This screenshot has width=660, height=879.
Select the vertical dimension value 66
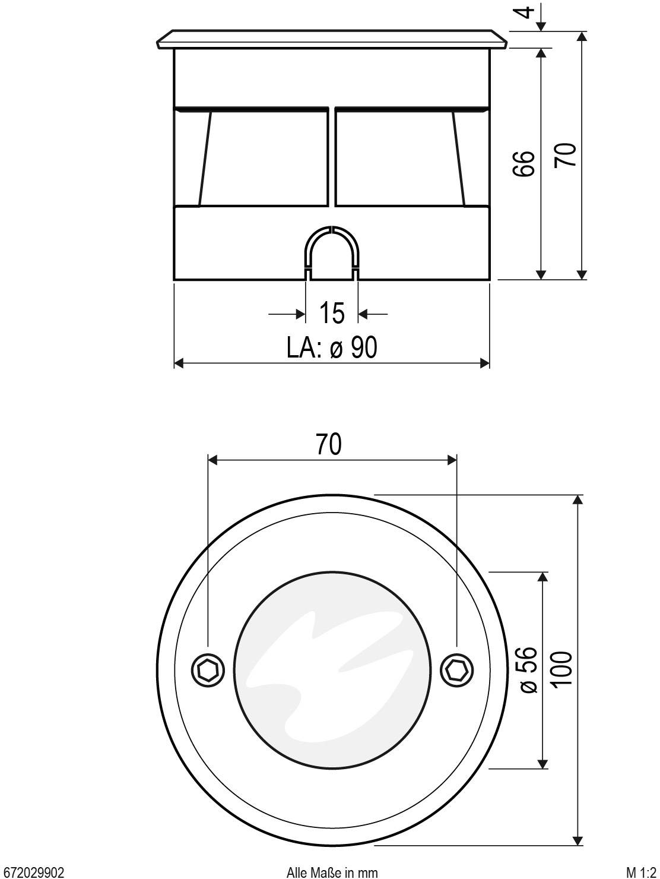click(524, 163)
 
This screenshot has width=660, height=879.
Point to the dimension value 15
click(332, 313)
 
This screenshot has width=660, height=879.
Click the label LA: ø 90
click(332, 347)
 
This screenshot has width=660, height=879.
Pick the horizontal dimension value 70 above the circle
click(329, 444)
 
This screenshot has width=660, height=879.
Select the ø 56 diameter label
click(528, 670)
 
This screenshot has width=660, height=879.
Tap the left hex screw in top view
click(208, 671)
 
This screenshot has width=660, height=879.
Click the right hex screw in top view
click(456, 671)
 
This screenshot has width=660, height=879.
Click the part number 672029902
click(33, 872)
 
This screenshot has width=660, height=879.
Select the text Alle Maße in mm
click(332, 872)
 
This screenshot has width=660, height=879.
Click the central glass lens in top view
click(332, 670)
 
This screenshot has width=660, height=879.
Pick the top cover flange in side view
click(332, 39)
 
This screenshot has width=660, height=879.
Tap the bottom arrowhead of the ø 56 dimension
click(541, 763)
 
